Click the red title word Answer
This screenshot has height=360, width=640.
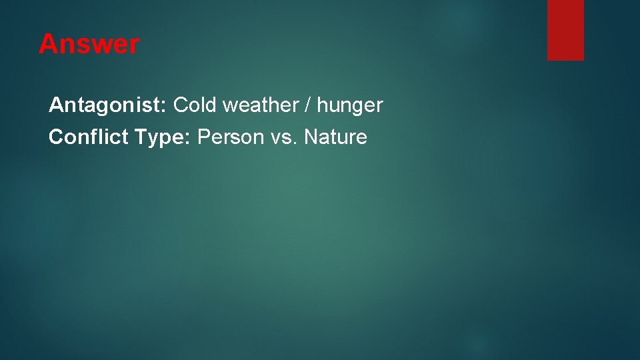[x=89, y=45]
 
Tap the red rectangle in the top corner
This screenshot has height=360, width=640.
[x=565, y=30]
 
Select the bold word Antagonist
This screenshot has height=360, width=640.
[x=107, y=105]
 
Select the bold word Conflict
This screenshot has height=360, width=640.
[x=89, y=137]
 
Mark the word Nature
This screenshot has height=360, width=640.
[x=336, y=137]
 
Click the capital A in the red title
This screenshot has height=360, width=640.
[x=47, y=45]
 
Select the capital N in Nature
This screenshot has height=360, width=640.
[x=310, y=137]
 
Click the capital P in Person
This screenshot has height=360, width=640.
[x=205, y=137]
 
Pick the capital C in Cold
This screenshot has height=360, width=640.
[x=181, y=105]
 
